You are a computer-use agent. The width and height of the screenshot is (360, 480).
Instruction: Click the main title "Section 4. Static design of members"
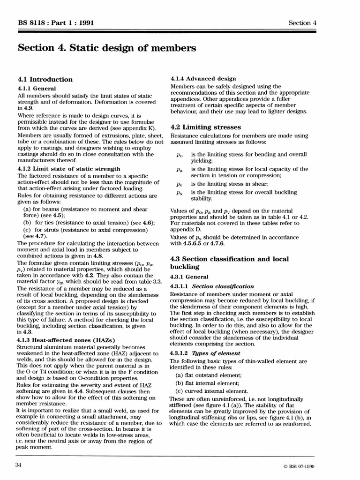[106, 48]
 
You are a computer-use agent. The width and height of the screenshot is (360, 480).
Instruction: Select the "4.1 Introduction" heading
[45, 80]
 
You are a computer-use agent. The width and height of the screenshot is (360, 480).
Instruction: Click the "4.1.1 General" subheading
[37, 88]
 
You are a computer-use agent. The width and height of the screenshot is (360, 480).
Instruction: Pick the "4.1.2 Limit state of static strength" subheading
[69, 168]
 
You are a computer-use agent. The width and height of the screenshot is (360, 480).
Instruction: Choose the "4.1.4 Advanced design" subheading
[203, 79]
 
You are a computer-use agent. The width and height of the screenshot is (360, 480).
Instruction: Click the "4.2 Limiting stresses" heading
[205, 127]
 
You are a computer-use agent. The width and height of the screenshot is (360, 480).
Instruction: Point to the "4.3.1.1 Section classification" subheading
[212, 286]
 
